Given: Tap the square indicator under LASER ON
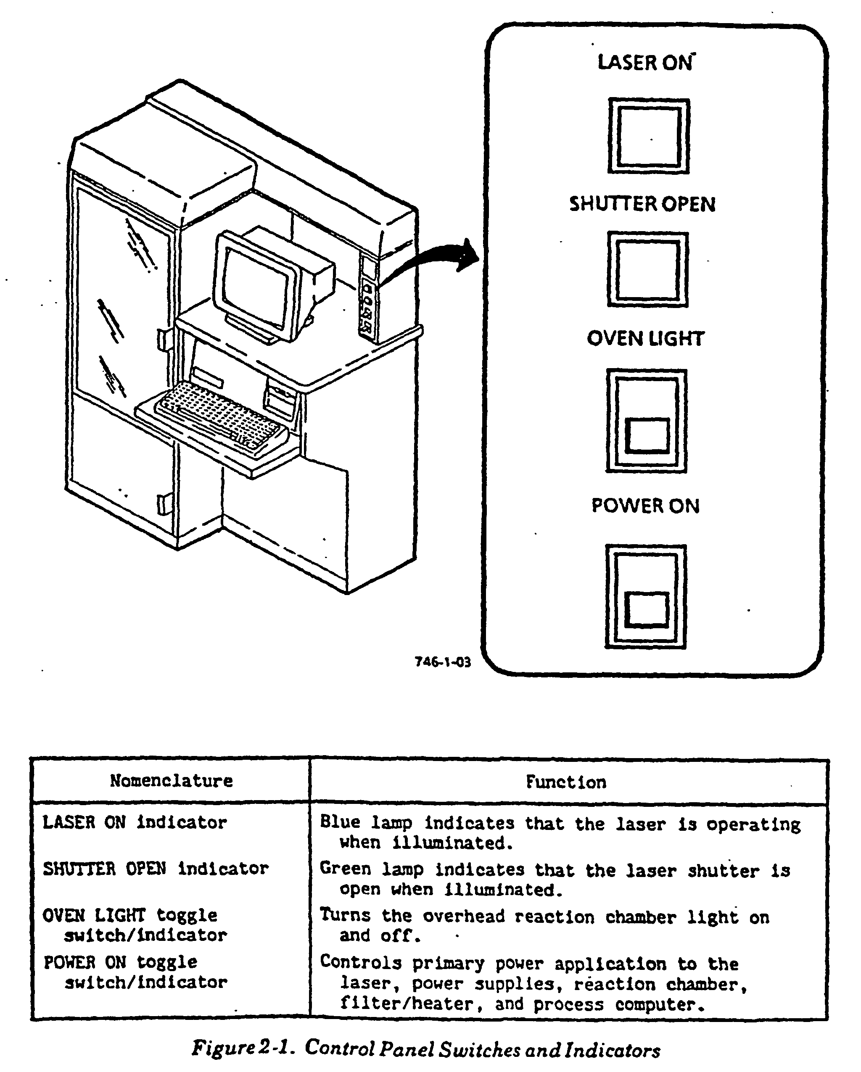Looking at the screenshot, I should click(649, 136).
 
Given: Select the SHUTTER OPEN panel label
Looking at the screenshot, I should click(642, 204).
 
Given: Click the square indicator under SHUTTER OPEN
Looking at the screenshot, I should click(647, 269).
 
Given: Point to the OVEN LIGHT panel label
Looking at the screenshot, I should click(646, 339).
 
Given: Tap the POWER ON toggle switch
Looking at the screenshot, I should click(646, 597).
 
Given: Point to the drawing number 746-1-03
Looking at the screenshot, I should click(443, 662).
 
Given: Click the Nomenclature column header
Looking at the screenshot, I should click(171, 781).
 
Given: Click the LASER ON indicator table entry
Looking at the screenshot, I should click(135, 822).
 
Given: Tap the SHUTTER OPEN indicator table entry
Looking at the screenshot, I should click(156, 869).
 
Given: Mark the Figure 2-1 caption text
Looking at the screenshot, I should click(426, 1048).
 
